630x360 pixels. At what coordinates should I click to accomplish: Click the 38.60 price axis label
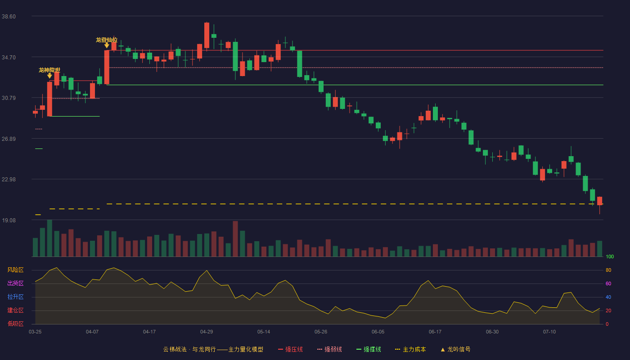9,17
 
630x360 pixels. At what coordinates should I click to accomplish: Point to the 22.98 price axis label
9,180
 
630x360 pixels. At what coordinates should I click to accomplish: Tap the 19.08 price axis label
9,220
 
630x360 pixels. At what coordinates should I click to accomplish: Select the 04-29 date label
207,332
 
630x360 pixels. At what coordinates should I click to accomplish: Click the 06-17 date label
435,332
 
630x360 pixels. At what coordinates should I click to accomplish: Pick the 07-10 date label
549,332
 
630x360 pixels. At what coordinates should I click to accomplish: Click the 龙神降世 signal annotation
49,70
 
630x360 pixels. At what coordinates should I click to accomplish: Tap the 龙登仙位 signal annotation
107,40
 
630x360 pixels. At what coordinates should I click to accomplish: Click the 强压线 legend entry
290,349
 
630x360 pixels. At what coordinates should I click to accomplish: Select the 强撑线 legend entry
369,349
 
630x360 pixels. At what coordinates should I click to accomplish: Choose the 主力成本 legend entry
410,349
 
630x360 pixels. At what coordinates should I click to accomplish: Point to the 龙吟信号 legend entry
455,349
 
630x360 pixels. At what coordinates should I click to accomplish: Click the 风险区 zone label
15,270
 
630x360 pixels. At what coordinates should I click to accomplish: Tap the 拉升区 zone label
15,297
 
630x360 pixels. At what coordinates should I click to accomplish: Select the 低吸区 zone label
15,324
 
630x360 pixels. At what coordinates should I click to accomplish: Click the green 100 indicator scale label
610,256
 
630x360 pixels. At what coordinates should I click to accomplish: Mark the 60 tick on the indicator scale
608,283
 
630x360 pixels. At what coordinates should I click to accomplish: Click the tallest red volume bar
235,239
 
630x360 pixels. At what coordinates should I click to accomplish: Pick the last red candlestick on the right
599,201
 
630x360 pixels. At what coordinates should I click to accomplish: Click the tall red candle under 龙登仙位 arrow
107,67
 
